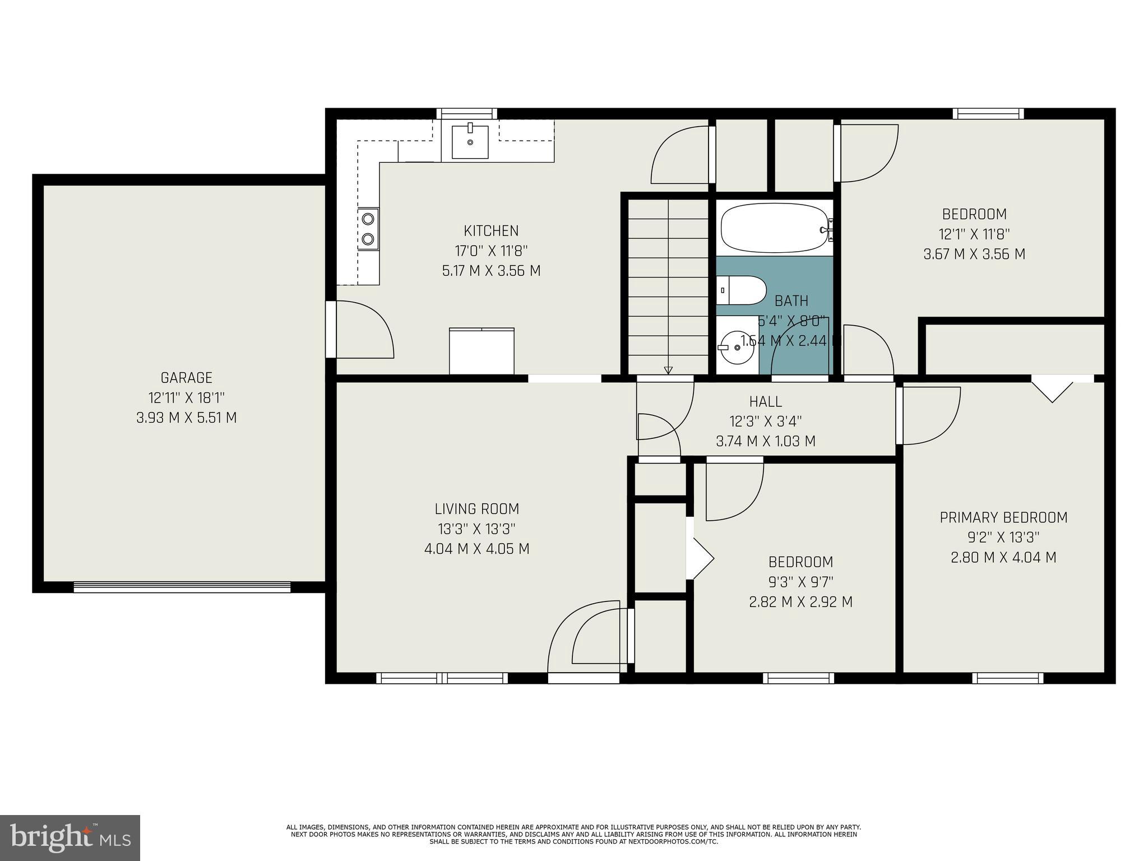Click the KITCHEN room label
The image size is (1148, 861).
click(491, 230)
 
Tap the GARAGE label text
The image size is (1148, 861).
click(186, 378)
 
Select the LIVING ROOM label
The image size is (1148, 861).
click(476, 509)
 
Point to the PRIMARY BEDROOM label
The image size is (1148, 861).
click(1003, 517)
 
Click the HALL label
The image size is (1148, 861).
click(765, 401)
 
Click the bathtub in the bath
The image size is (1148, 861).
click(774, 229)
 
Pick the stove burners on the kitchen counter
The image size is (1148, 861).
click(368, 229)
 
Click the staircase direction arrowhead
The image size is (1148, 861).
click(668, 370)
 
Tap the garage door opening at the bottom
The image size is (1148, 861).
click(182, 587)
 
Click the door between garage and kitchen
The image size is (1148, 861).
click(331, 329)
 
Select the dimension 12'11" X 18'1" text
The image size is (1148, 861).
click(186, 398)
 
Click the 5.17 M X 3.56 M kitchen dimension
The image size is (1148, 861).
click(491, 271)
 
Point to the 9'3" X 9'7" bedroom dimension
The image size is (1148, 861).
click(800, 582)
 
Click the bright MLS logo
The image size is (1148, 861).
click(70, 837)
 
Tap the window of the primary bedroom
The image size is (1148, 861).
click(1007, 678)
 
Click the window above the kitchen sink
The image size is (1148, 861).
click(466, 114)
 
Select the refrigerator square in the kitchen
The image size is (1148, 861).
click(482, 351)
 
